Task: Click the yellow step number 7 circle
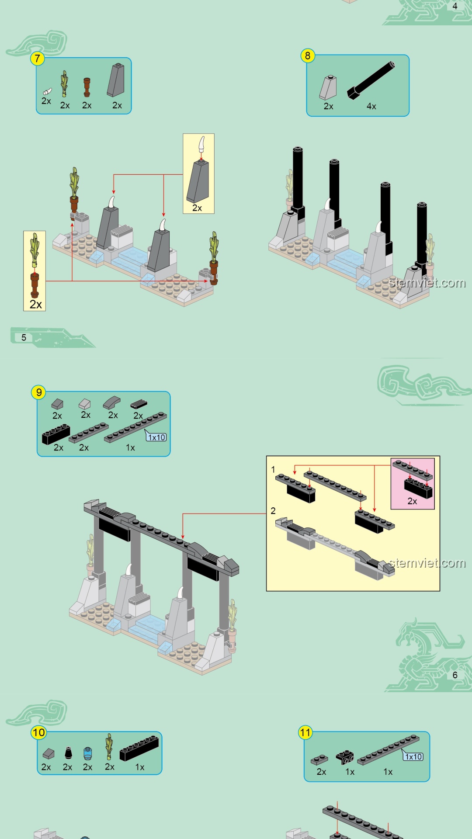coord(38,59)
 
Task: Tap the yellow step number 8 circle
coord(308,56)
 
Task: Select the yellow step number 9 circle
coord(39,392)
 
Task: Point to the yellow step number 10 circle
coord(38,733)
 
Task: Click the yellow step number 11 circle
coord(305,732)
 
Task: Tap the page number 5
coord(24,337)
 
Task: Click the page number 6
coord(455,675)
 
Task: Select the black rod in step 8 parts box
coord(371,80)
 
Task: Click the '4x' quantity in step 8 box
coord(371,106)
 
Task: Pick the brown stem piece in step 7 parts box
coord(87,87)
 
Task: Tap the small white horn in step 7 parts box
coord(47,91)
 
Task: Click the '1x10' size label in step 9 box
coord(156,437)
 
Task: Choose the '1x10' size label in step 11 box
coord(413,756)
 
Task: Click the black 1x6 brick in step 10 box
coord(139,748)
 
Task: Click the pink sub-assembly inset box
coord(413,484)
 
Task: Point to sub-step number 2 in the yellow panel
coord(273,511)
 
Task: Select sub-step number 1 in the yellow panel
coord(273,470)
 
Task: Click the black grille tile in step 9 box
coord(139,404)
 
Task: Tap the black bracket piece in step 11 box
coord(345,757)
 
